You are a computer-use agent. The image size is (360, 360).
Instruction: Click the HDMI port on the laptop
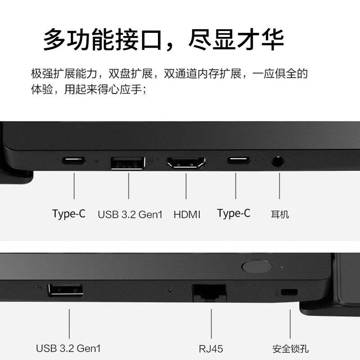tap(186, 162)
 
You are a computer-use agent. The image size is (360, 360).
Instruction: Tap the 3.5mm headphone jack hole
tap(278, 161)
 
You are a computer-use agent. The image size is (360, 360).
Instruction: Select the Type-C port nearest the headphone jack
tap(238, 160)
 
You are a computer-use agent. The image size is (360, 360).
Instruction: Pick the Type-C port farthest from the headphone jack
tap(74, 160)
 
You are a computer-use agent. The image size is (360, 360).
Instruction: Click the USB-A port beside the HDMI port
tap(128, 163)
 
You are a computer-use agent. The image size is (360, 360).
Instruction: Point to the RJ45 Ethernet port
tap(209, 293)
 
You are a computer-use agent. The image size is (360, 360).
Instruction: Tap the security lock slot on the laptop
tap(289, 292)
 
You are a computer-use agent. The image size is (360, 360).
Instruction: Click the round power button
tap(257, 266)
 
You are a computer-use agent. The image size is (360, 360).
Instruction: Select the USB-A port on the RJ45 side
tap(65, 290)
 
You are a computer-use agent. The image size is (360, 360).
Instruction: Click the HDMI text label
tap(187, 215)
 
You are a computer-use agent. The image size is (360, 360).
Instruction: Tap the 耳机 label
tap(279, 215)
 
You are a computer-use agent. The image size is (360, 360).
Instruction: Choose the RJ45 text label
tap(211, 349)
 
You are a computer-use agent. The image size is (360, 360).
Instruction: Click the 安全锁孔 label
tap(290, 349)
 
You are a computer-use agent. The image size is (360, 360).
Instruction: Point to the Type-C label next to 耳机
tap(234, 213)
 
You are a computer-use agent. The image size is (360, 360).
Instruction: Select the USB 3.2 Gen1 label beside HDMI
tap(130, 215)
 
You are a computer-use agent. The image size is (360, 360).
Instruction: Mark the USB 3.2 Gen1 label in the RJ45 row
tap(68, 348)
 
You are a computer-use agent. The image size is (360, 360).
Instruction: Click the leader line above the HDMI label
tap(186, 186)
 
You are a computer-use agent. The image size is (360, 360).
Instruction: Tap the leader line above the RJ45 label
tap(211, 324)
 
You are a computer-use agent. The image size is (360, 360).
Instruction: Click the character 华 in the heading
tap(273, 40)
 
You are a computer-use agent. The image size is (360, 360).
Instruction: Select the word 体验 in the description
tap(42, 89)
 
